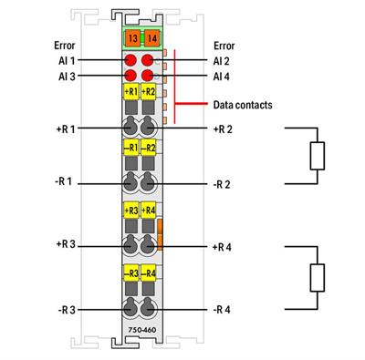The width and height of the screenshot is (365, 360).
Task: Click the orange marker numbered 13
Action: tap(132, 39)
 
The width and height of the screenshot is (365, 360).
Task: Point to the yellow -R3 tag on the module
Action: tap(131, 273)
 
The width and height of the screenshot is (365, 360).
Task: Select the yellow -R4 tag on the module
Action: tap(149, 273)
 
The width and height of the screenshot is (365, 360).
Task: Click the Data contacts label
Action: tap(242, 105)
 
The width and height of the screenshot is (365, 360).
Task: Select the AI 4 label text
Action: tap(221, 76)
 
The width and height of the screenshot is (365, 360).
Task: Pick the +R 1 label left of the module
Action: tap(66, 129)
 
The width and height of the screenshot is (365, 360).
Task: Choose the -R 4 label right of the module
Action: tap(222, 310)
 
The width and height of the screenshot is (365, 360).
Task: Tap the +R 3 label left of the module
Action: tap(66, 246)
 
